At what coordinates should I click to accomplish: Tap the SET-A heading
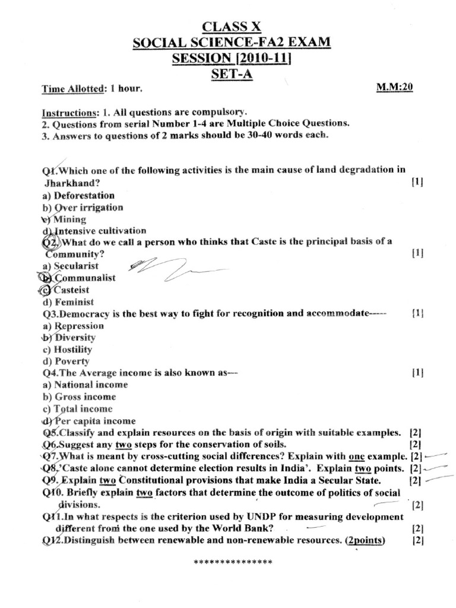tap(232, 74)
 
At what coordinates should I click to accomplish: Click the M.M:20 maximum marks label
tap(394, 87)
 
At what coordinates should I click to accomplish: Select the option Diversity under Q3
tap(74, 337)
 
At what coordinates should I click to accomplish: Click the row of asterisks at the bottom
tap(233, 562)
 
